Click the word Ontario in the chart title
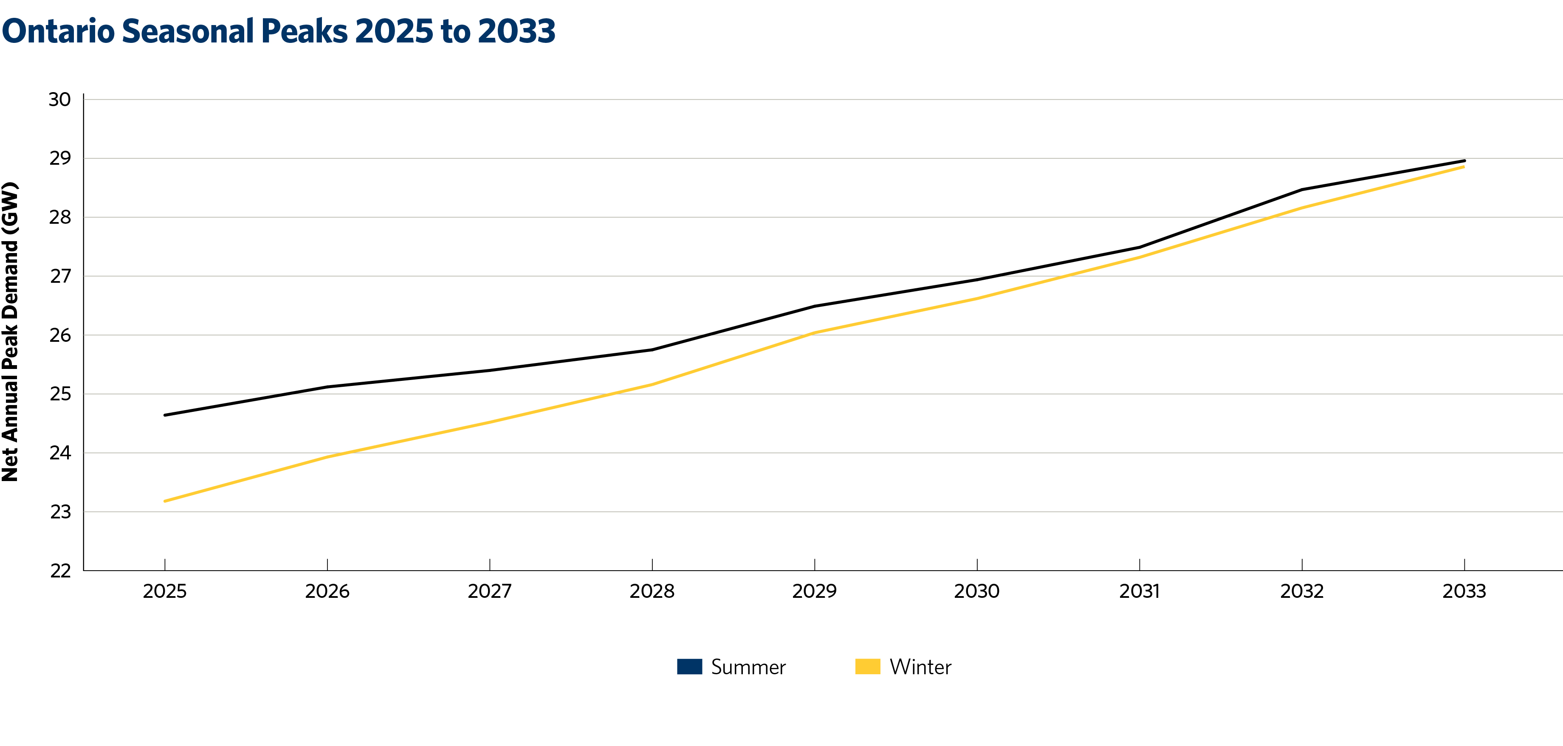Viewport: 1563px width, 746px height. click(x=58, y=31)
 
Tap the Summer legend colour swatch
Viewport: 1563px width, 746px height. click(x=689, y=667)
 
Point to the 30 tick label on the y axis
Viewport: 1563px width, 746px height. click(x=59, y=99)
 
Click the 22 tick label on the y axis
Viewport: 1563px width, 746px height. click(x=59, y=571)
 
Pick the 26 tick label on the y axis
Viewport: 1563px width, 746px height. click(x=59, y=335)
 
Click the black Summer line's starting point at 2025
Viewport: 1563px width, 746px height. click(x=165, y=415)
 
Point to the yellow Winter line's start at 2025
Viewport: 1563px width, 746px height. click(x=165, y=501)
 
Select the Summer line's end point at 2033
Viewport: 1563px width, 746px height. click(x=1464, y=161)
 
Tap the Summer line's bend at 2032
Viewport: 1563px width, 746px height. click(x=1302, y=190)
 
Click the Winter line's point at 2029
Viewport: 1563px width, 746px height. click(x=814, y=332)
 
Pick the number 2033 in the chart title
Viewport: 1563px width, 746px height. click(x=516, y=31)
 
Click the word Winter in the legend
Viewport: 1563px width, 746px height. click(x=920, y=667)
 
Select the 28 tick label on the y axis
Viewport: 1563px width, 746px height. click(x=59, y=217)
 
